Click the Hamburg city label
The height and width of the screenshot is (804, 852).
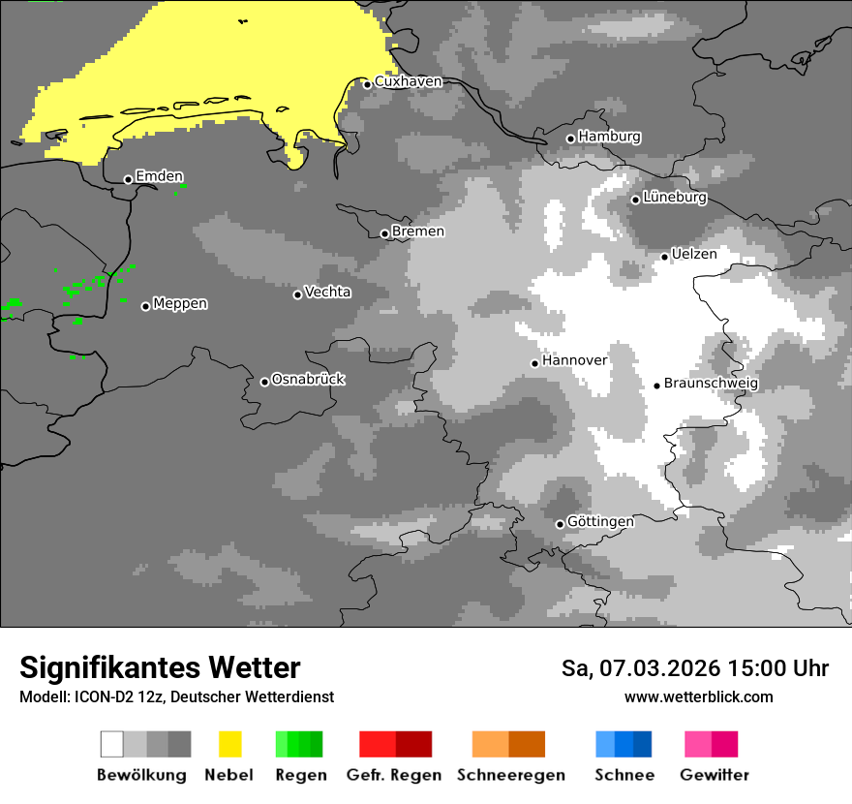(x=609, y=138)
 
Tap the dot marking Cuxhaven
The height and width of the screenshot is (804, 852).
(x=368, y=84)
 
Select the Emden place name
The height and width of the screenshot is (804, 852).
(x=159, y=176)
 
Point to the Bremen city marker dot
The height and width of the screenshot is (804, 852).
(x=384, y=233)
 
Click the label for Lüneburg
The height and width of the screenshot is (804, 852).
(x=675, y=198)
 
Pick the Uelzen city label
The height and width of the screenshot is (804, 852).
(x=694, y=254)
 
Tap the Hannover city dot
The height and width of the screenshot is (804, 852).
(x=534, y=363)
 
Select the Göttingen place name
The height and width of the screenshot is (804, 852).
(x=600, y=522)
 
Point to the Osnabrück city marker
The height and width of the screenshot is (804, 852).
(x=264, y=382)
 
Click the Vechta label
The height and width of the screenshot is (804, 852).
(x=327, y=293)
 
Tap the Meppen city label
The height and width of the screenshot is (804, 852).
(x=180, y=304)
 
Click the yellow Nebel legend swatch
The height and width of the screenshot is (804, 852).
(x=229, y=744)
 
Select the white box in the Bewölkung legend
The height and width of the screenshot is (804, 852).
(x=112, y=744)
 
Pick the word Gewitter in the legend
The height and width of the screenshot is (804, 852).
(x=714, y=775)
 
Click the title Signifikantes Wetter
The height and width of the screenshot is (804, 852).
(x=160, y=668)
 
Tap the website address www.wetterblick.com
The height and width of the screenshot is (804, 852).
(x=698, y=697)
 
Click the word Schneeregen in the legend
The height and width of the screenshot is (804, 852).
(x=511, y=775)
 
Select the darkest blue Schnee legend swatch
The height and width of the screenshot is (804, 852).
(x=643, y=744)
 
